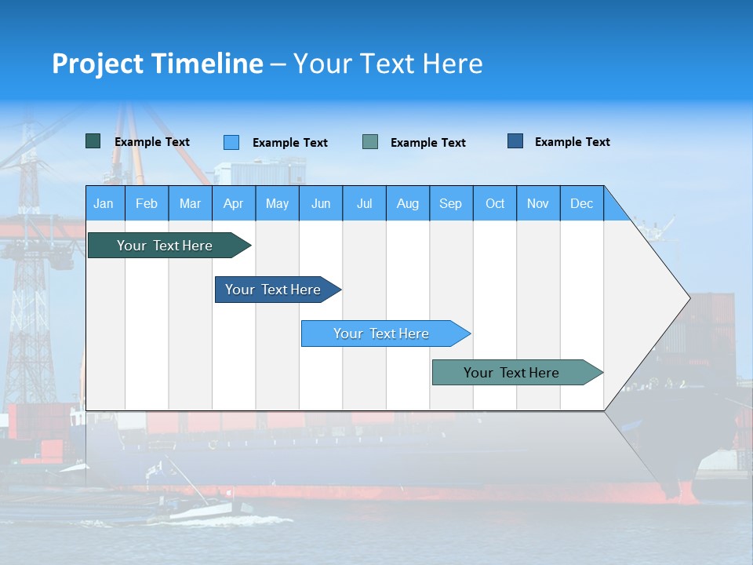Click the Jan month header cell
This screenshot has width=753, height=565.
104,203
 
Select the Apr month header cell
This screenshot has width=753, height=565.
233,203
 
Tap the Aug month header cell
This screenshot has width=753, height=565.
407,203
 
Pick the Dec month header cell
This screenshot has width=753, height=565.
581,203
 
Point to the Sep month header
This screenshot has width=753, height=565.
450,203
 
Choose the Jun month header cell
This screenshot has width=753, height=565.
320,203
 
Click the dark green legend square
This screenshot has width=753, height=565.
93,141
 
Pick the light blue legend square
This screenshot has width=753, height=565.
231,142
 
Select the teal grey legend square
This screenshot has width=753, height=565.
370,141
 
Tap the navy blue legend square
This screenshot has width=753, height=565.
515,141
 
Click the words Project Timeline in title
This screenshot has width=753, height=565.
157,64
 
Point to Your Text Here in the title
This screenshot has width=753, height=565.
387,64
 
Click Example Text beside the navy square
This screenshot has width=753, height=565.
572,142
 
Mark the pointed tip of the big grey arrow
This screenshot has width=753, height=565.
688,297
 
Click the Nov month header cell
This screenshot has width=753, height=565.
537,203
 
